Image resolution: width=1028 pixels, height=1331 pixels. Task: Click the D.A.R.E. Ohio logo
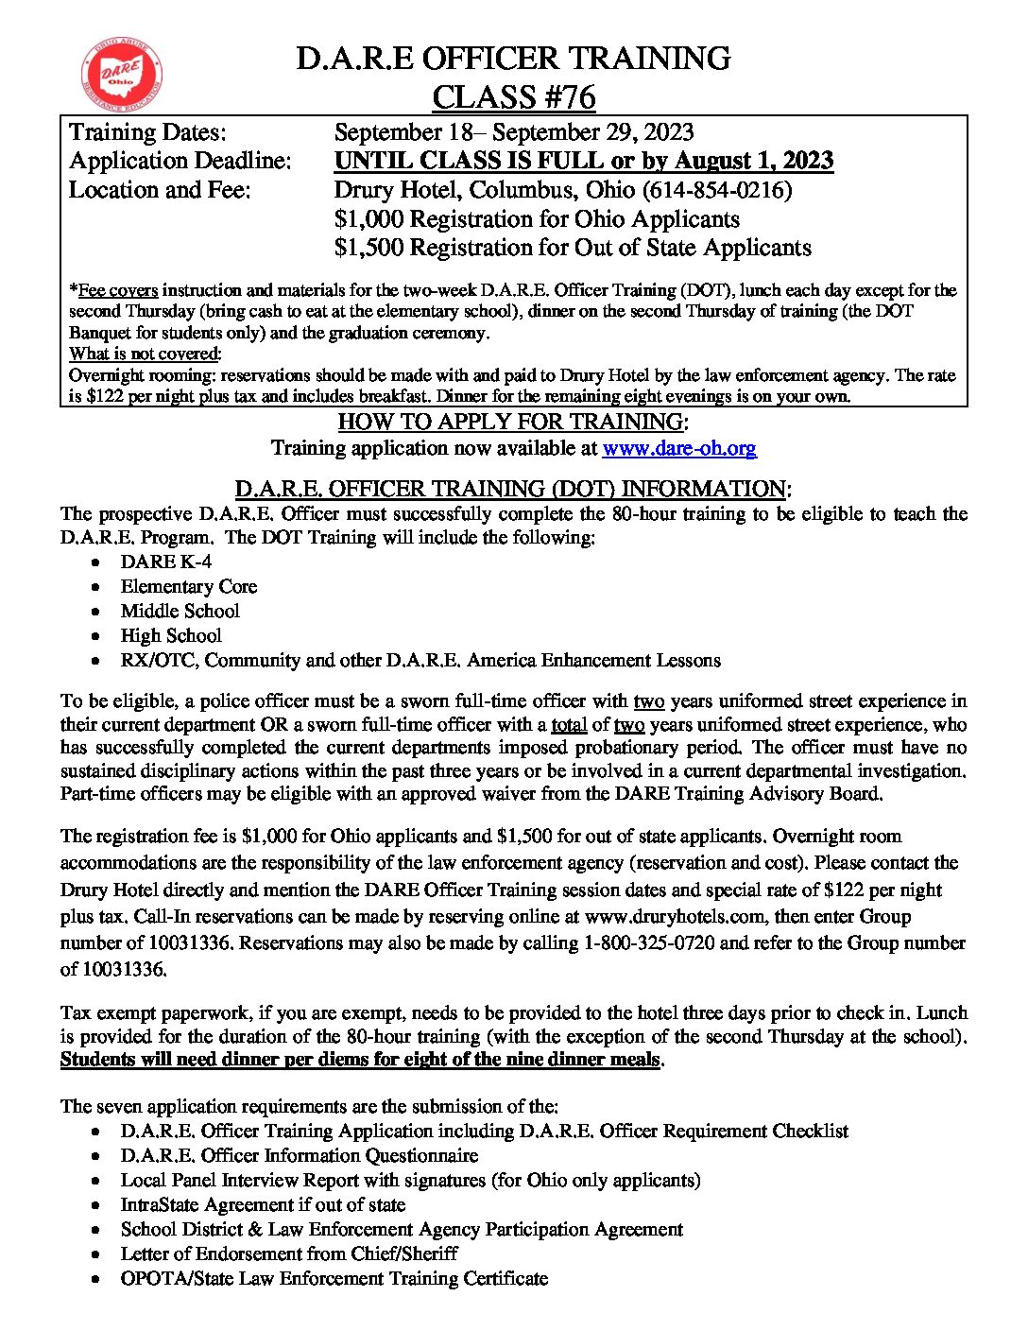122,75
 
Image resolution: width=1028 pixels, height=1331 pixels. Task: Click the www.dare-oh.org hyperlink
678,448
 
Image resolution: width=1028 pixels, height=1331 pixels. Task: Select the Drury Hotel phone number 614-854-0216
716,190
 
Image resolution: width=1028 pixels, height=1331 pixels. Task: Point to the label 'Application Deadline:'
180,162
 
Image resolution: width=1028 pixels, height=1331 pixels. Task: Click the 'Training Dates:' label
147,132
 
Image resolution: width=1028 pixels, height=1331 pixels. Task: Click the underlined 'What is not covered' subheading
145,354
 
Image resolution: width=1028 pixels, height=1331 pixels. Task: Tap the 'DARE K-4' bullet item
165,562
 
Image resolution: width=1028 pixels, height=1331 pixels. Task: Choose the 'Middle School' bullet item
180,611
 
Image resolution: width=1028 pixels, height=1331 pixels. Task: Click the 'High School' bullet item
171,635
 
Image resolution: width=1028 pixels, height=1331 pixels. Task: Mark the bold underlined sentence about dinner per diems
360,1060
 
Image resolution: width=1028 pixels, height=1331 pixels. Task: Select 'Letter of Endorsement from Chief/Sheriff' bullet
288,1253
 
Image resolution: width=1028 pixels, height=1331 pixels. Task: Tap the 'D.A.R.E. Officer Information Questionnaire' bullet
299,1155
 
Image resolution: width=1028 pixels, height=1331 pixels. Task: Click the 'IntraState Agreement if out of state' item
263,1204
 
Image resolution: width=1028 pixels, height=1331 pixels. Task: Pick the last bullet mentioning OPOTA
334,1278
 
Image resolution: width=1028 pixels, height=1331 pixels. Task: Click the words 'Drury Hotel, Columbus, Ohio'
485,190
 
